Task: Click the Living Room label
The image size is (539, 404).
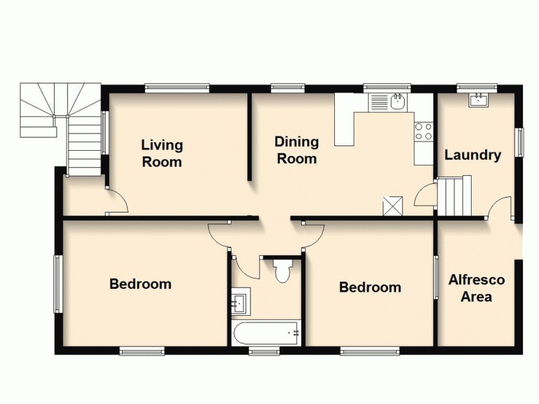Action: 162,154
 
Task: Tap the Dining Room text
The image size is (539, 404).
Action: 296,150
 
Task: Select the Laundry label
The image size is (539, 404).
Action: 472,156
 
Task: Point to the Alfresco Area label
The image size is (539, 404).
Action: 476,288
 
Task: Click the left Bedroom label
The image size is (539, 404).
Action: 140,284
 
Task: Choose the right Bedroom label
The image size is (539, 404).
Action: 370,288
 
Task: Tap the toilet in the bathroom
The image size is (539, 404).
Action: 282,271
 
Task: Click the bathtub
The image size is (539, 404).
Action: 265,333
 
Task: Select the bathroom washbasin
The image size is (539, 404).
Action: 240,302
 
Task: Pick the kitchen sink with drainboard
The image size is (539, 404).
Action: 387,102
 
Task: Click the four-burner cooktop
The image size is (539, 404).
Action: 423,131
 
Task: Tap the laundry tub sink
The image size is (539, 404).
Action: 479,100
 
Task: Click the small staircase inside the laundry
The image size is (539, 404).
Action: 452,196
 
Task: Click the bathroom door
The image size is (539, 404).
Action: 247,266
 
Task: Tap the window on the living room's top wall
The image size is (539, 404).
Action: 177,87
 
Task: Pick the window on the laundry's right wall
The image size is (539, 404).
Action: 519,142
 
